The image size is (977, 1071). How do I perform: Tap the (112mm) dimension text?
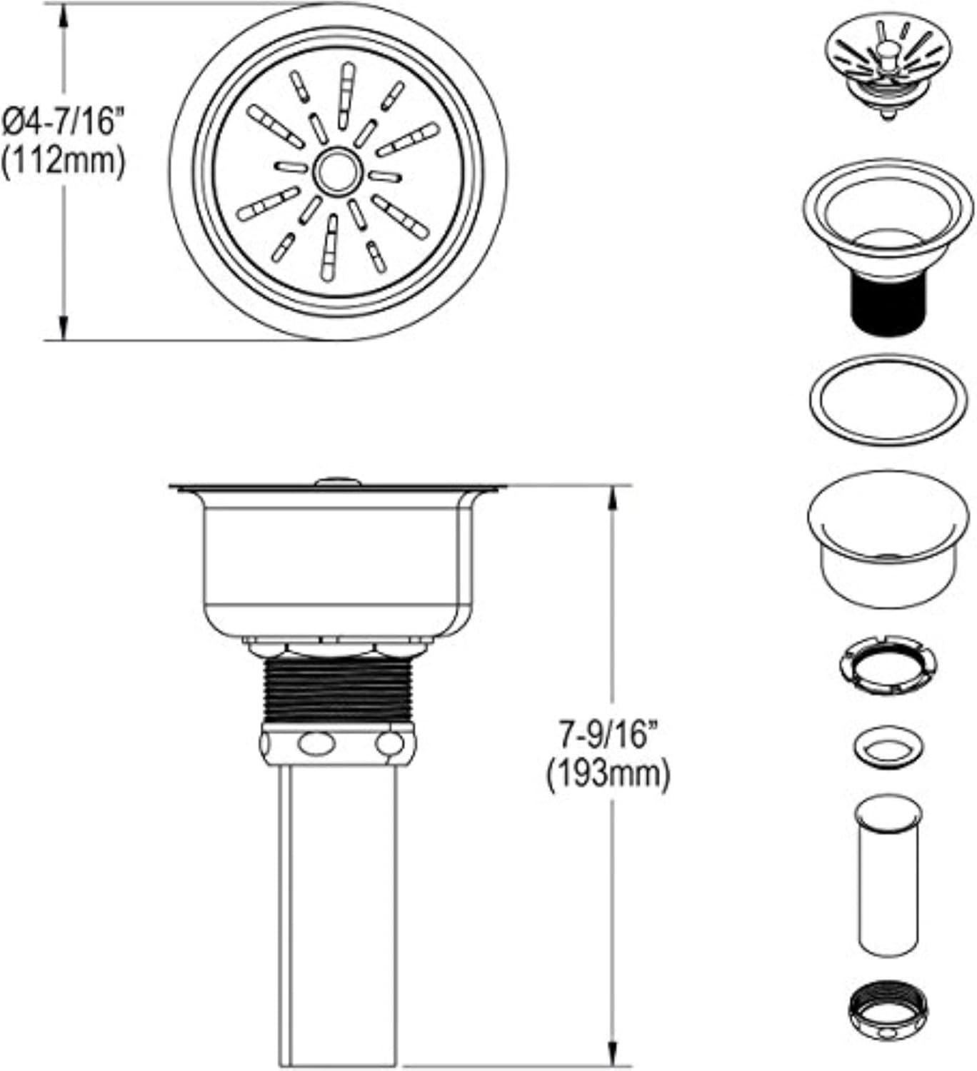point(63,161)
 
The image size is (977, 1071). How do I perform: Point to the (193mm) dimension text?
point(608,775)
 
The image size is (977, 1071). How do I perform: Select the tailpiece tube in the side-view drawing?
point(338,914)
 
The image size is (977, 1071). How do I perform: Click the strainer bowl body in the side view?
point(338,564)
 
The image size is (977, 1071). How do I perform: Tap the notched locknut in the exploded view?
point(888,664)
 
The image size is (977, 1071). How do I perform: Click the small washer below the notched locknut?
point(888,748)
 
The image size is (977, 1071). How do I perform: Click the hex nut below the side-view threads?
point(338,745)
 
